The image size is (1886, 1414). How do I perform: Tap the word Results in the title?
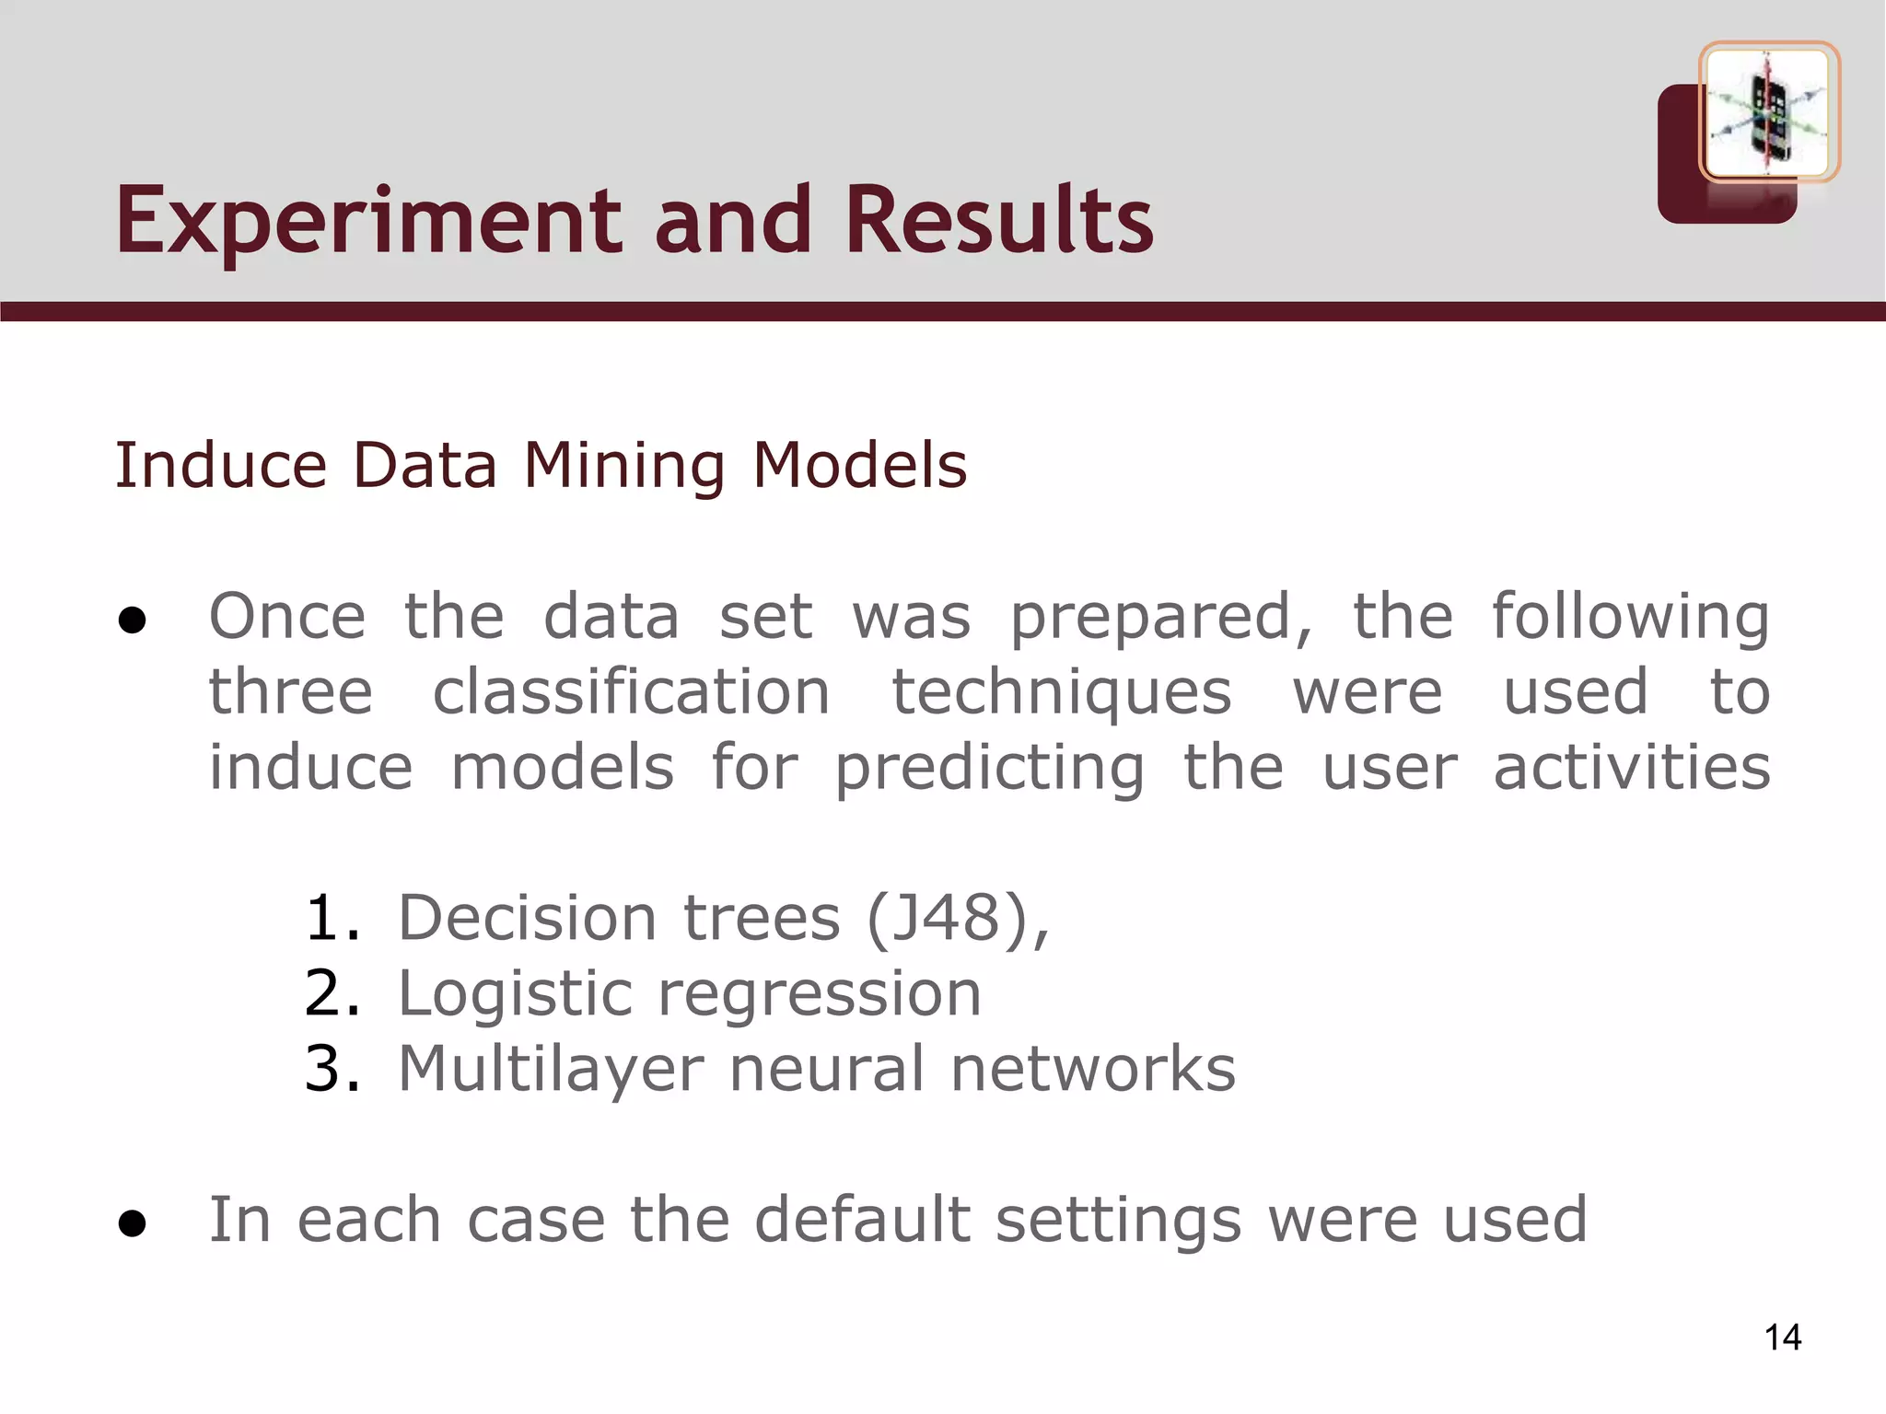(999, 221)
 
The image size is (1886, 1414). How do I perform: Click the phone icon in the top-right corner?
(1768, 113)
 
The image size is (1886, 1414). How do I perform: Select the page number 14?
(1783, 1337)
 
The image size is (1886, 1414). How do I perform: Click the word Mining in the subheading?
(624, 467)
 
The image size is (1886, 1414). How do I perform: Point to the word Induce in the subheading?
(220, 465)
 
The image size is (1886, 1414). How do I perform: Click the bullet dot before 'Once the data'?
(133, 620)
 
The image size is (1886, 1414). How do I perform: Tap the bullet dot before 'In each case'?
(133, 1223)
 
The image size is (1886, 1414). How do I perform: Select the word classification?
(632, 692)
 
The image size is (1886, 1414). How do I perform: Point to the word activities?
(1631, 768)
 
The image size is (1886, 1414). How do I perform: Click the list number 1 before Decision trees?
(332, 919)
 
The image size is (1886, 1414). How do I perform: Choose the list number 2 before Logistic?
(332, 994)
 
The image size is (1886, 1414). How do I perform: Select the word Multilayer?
(550, 1070)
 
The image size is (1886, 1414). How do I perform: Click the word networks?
(1092, 1070)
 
